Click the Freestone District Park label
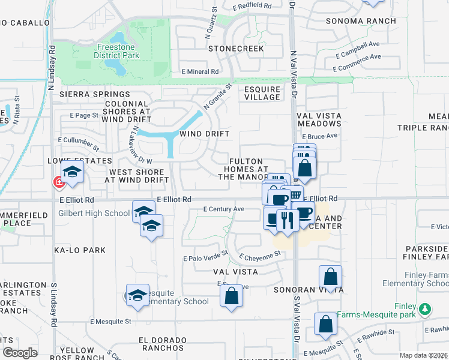[116, 51]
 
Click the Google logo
[20, 353]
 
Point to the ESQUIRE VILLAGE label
[262, 93]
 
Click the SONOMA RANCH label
[360, 21]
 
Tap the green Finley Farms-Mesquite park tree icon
[426, 310]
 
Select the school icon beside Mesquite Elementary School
[137, 295]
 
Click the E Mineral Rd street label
[200, 71]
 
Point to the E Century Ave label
[223, 209]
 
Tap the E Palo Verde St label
[205, 259]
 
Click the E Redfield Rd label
[252, 5]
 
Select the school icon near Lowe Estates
[72, 173]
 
